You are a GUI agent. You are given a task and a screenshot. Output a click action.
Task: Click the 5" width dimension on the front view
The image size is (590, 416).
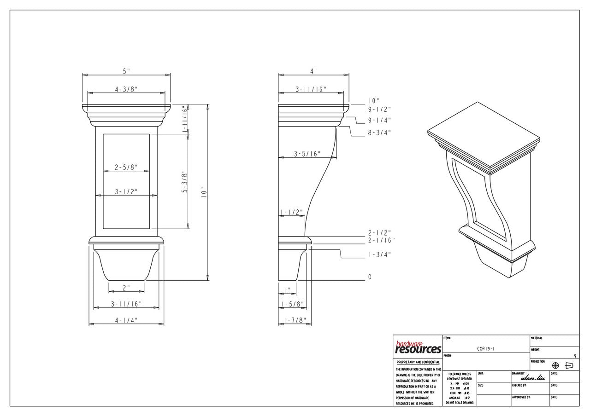[126, 71]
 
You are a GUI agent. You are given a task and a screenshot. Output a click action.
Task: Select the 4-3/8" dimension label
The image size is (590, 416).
[126, 89]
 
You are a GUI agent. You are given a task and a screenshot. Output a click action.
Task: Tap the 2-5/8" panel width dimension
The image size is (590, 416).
[126, 168]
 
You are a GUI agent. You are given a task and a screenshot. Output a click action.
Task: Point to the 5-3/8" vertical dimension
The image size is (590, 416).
[184, 181]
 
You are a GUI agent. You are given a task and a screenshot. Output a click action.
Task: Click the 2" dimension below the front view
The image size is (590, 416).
[126, 288]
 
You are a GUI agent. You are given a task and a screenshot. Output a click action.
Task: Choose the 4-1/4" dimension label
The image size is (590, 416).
[126, 320]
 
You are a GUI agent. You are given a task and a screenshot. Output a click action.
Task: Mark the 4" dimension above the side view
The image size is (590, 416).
[313, 71]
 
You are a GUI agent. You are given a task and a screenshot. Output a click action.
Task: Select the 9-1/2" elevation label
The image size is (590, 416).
[379, 110]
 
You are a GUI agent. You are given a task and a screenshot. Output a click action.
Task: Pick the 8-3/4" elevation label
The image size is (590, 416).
[379, 133]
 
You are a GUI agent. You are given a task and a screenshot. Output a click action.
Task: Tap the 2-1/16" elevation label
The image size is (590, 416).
[381, 240]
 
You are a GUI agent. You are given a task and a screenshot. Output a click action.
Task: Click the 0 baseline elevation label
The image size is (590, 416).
[370, 277]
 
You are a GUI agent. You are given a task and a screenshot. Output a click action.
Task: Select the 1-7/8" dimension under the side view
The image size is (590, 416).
[294, 320]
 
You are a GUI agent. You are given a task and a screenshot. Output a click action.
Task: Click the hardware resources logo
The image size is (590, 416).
[418, 348]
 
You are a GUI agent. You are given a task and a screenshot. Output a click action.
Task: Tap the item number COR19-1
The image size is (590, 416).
[486, 349]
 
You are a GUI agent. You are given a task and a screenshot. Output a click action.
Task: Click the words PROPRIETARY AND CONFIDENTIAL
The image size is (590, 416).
[418, 363]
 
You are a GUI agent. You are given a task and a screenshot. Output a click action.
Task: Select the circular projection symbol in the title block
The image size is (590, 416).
[555, 365]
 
